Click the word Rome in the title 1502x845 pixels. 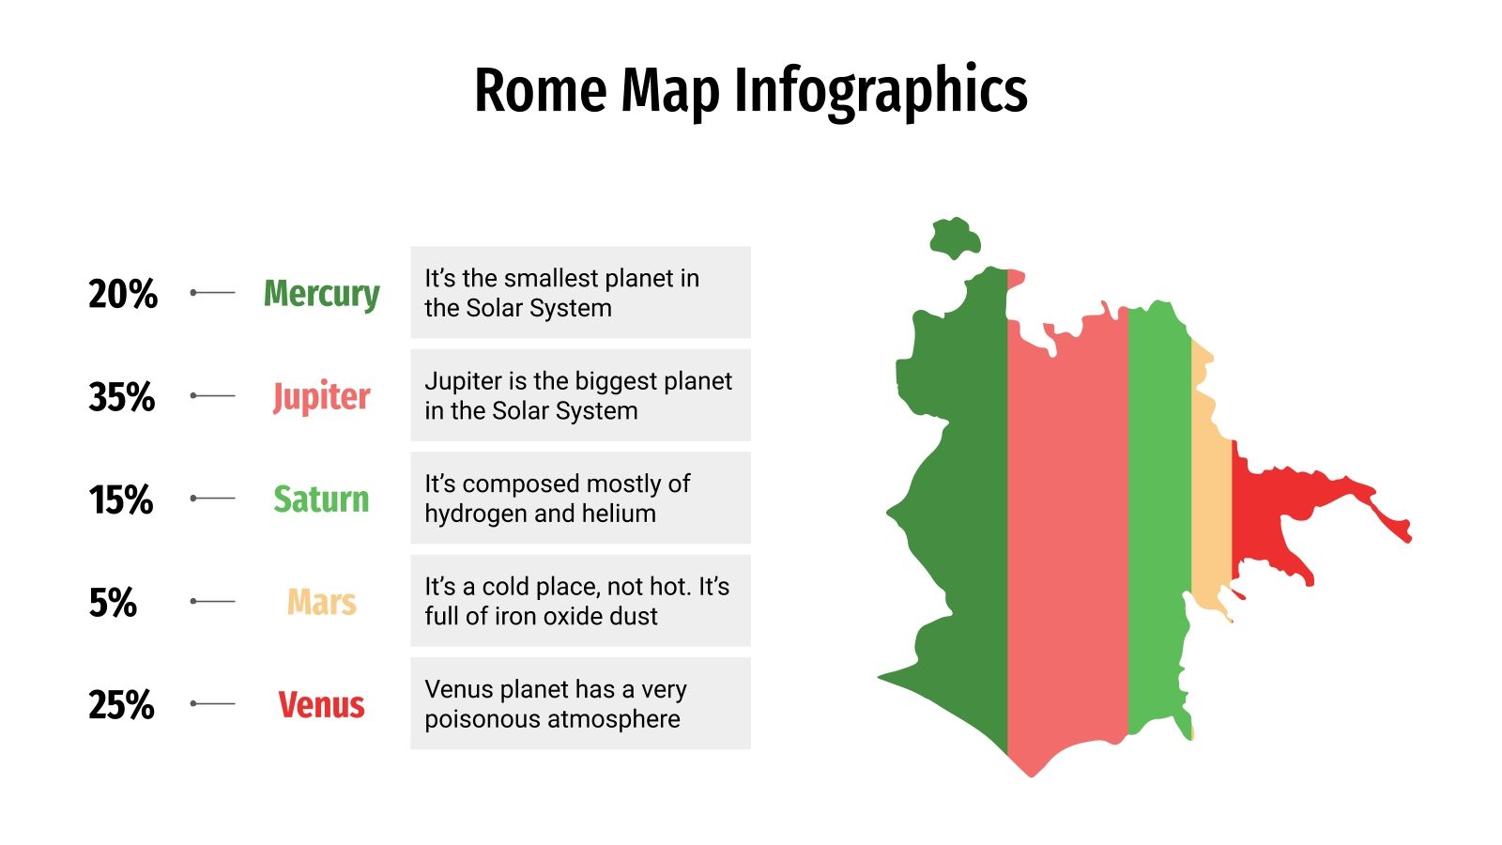pos(541,91)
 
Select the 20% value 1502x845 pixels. pos(123,294)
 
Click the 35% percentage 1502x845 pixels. pos(122,396)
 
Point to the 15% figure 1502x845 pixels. pos(121,499)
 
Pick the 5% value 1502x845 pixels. pos(113,602)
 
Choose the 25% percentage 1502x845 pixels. pos(122,704)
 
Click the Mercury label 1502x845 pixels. pos(321,294)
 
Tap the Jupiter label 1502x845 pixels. pos(321,396)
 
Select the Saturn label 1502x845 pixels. pos(321,499)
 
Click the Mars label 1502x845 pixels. pos(321,602)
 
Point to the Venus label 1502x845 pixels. pos(321,704)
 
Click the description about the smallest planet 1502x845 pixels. pos(580,293)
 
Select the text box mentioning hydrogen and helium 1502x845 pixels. pos(580,498)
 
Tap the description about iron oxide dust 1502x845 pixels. pos(580,601)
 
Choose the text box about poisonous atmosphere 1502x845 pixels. pos(580,703)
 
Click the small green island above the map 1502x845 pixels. pos(955,238)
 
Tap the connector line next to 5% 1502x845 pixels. pos(213,601)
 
